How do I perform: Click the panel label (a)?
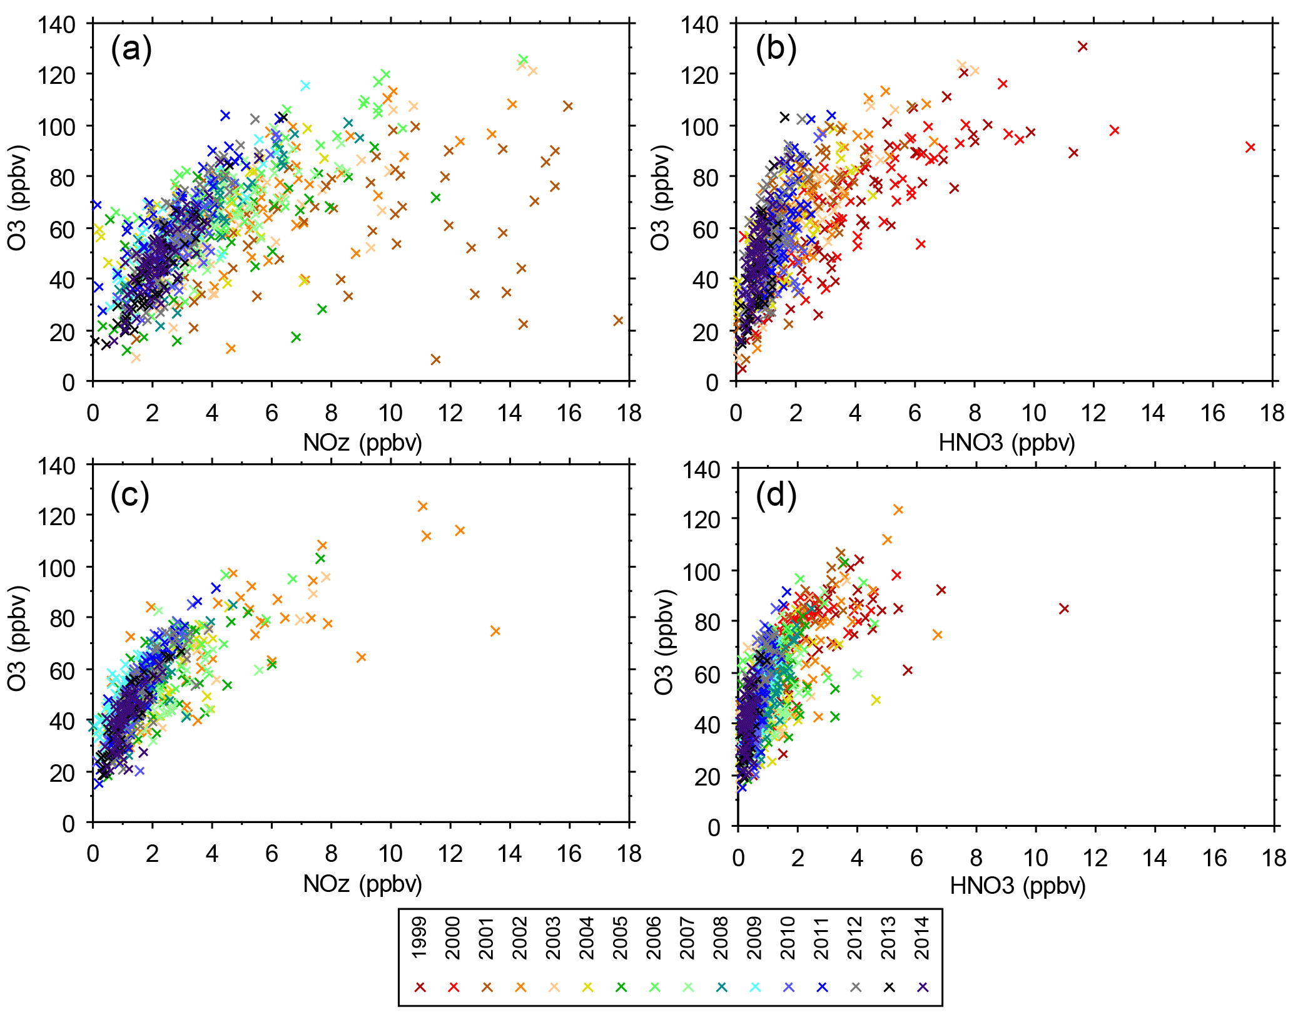pos(131,49)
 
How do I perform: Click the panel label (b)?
pos(776,49)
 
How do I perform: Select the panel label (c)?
pos(130,496)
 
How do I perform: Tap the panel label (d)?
pos(776,496)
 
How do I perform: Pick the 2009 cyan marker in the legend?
pos(755,987)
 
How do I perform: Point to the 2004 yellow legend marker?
pos(587,987)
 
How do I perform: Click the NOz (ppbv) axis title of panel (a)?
pos(362,443)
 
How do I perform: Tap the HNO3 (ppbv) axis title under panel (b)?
pos(1007,443)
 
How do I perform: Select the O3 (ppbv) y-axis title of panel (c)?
pos(17,638)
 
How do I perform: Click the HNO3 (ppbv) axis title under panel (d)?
pos(1018,886)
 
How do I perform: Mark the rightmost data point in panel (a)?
pos(618,320)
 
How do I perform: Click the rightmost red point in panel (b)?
pos(1250,147)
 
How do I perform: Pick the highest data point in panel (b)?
pos(1083,46)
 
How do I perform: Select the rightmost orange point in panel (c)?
pos(495,631)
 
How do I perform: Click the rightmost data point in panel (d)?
pos(1063,608)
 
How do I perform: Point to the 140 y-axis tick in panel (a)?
pos(56,25)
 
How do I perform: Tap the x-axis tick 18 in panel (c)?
pos(628,854)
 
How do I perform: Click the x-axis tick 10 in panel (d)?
pos(1035,858)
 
